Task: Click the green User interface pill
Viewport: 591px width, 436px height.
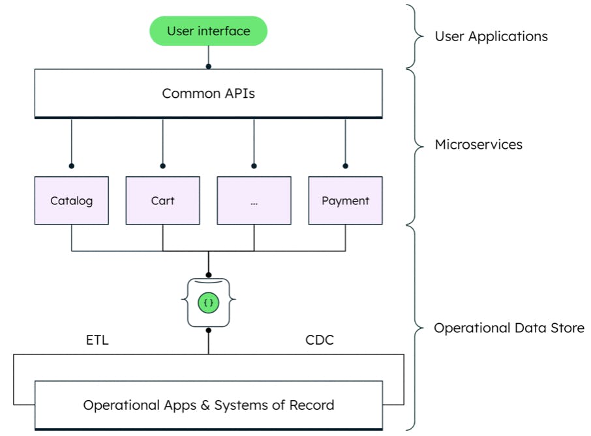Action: [x=208, y=31]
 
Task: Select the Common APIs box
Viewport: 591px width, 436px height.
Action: [x=208, y=93]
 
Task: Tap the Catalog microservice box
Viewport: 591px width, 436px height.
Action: [x=71, y=200]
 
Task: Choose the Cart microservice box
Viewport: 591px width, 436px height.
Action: [x=162, y=200]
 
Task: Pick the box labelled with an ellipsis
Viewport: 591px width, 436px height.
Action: [x=254, y=200]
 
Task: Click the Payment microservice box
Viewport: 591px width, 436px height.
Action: [x=345, y=200]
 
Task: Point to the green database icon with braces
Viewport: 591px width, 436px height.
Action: [x=209, y=303]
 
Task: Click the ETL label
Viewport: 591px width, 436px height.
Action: [x=97, y=340]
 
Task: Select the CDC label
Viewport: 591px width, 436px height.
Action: [x=319, y=340]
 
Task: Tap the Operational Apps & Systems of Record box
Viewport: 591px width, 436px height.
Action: [x=208, y=405]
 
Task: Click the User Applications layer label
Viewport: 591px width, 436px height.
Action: [x=491, y=36]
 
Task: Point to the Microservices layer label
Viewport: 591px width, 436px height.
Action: [x=478, y=145]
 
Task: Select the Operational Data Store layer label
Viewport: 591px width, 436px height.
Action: [x=509, y=328]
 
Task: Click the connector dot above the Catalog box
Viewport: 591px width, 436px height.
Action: [x=71, y=166]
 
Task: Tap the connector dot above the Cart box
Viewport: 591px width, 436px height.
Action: [x=162, y=166]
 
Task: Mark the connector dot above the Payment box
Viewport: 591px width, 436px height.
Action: [x=345, y=166]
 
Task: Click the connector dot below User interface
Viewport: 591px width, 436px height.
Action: [x=209, y=66]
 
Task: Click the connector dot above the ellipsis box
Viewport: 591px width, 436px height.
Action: [x=254, y=166]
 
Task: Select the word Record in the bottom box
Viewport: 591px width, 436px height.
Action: [x=312, y=405]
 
